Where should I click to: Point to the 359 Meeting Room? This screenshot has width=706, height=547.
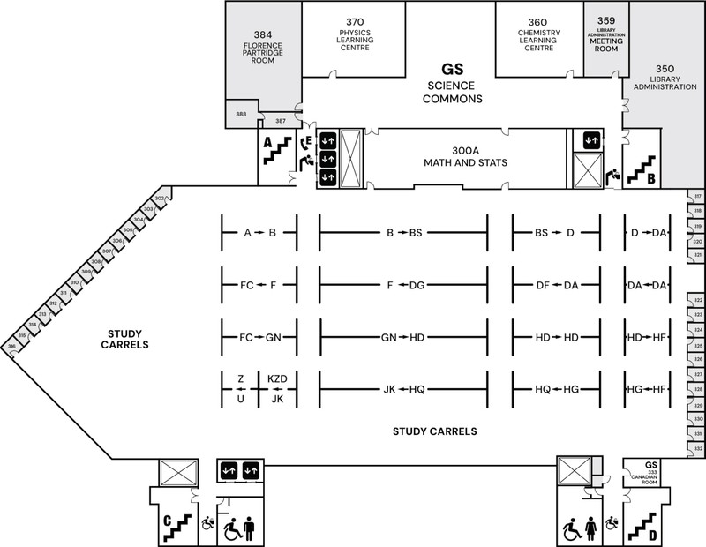[x=605, y=34]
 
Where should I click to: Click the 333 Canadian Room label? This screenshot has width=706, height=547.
[x=652, y=476]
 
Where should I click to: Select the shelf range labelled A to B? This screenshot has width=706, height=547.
[x=260, y=233]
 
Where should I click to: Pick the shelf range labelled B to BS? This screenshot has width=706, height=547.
[x=405, y=233]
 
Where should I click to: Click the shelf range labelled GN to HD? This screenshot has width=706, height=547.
[x=403, y=337]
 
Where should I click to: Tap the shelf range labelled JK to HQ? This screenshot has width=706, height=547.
[x=405, y=389]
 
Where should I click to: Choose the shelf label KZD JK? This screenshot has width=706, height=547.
[x=277, y=389]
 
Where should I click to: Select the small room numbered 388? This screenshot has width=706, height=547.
[x=240, y=115]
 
